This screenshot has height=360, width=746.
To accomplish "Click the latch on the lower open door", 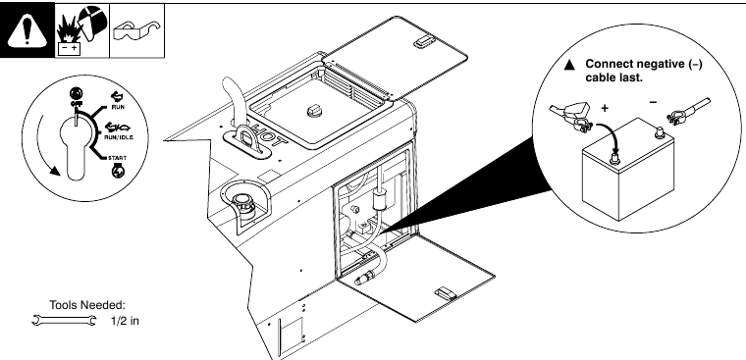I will pyautogui.click(x=444, y=291).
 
